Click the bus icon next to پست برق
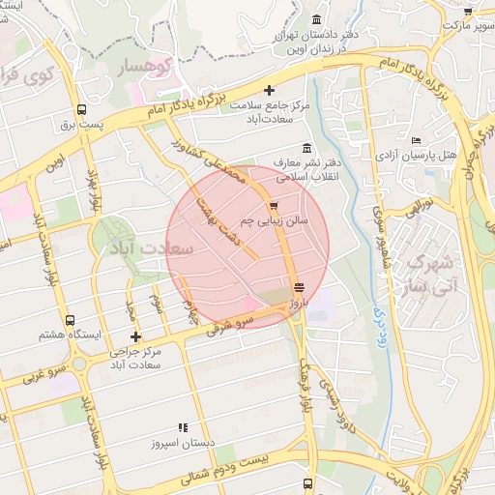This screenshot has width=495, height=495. (80, 109)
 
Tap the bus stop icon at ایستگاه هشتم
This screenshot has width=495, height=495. (69, 320)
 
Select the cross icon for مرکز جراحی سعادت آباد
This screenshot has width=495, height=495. (135, 336)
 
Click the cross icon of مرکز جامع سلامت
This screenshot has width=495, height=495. (269, 90)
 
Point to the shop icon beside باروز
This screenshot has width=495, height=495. (299, 287)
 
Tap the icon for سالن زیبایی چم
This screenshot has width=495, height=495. (274, 206)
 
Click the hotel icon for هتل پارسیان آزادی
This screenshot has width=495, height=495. (416, 141)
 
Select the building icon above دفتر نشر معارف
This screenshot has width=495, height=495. (306, 148)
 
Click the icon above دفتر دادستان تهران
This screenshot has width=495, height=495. (316, 20)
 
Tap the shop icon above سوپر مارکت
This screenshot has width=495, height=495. (468, 12)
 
